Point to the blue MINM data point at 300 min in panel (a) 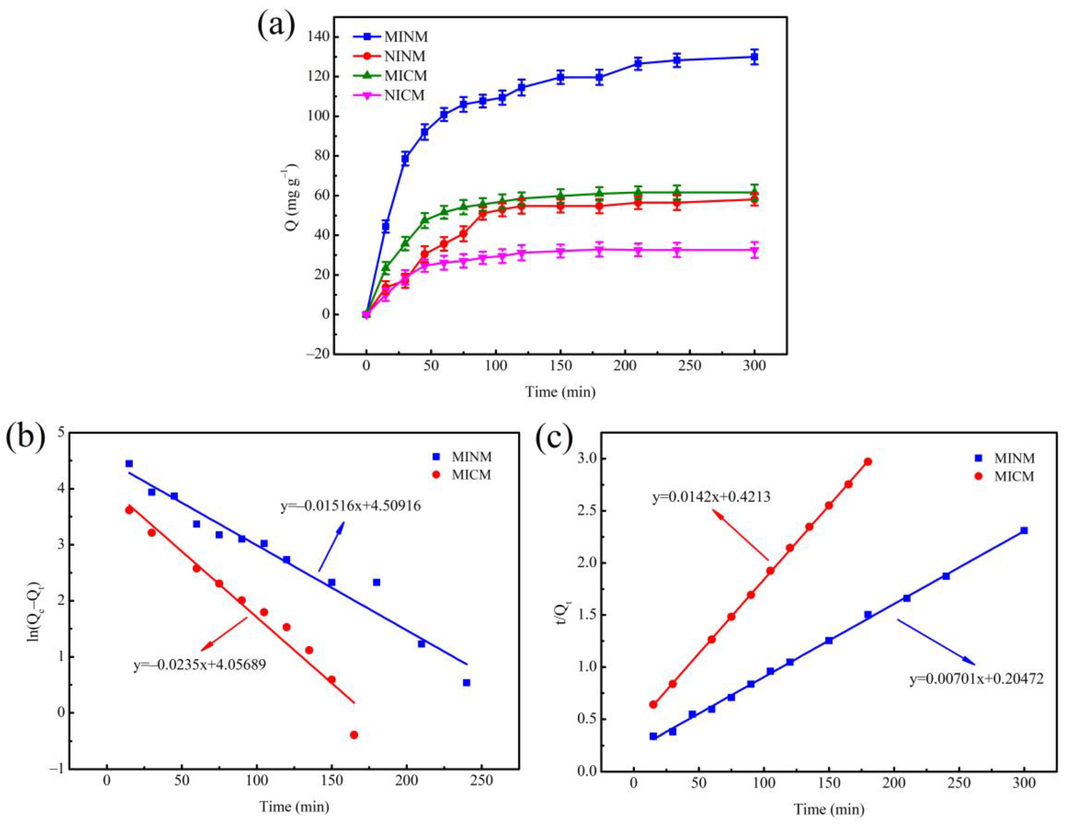click(754, 57)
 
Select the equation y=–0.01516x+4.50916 click(350, 506)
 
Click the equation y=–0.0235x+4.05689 click(199, 665)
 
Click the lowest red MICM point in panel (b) click(354, 735)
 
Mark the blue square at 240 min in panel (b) click(466, 683)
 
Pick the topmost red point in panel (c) click(868, 461)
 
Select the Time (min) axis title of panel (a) click(560, 392)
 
